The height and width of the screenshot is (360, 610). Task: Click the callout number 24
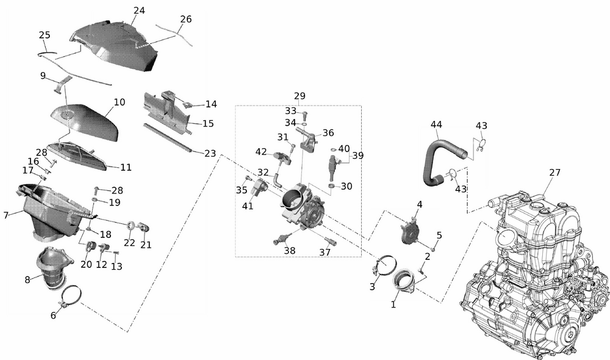(x=139, y=10)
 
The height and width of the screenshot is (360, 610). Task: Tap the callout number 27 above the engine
(x=554, y=173)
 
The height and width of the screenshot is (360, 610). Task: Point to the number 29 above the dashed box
(x=300, y=96)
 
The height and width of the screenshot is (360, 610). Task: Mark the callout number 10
(x=120, y=102)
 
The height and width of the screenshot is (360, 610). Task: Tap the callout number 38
(x=289, y=250)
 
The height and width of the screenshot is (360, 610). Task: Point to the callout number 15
(x=208, y=123)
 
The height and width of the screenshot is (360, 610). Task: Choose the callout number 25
(x=45, y=35)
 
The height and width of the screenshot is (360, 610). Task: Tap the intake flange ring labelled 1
(x=404, y=283)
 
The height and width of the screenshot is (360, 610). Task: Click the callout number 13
(x=117, y=266)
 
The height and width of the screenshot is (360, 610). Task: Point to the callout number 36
(x=328, y=132)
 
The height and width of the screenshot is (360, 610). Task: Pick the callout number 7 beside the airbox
(x=5, y=215)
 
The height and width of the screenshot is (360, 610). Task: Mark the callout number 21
(x=145, y=245)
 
